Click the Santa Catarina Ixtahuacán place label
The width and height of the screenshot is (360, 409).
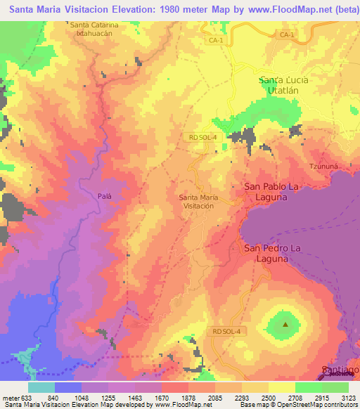98,29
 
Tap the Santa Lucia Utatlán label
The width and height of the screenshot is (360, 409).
293,86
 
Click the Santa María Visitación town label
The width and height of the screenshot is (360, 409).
198,202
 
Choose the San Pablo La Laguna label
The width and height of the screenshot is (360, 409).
276,192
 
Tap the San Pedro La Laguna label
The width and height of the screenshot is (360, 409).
276,253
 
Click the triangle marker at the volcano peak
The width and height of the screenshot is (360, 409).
285,325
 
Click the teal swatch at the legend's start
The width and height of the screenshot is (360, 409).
41,387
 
